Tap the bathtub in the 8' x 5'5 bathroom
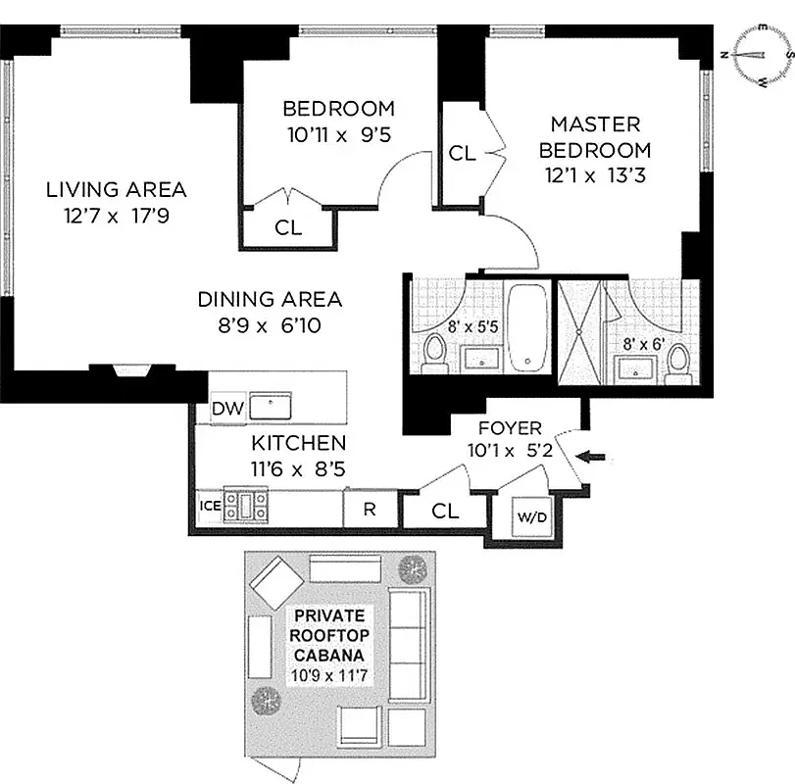(528, 328)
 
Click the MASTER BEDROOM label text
(595, 137)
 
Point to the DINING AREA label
(270, 299)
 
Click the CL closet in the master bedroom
(462, 154)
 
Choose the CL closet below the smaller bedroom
(288, 228)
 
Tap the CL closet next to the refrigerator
(445, 511)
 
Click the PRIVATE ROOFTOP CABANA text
(330, 634)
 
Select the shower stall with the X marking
(580, 328)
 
